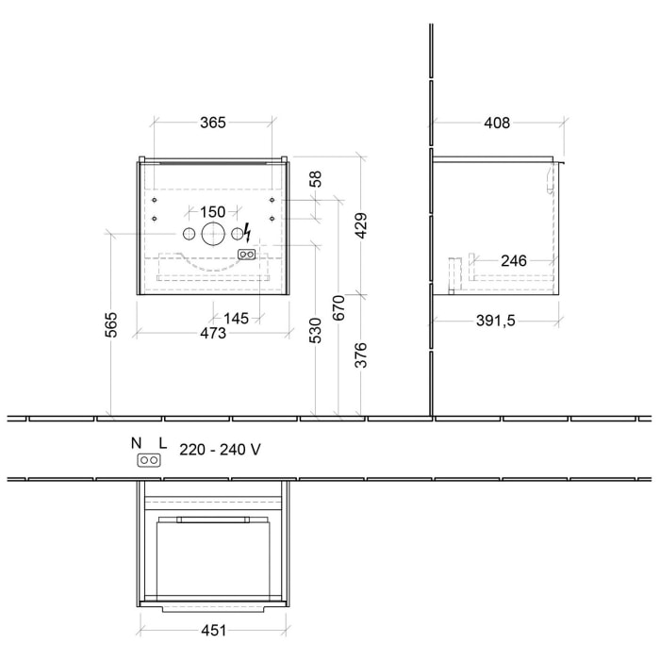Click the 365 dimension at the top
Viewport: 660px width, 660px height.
[213, 123]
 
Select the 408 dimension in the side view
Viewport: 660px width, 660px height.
[497, 123]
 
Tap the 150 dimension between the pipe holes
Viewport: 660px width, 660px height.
[213, 212]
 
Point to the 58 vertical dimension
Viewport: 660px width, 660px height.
[317, 179]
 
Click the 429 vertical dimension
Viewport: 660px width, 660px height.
[360, 223]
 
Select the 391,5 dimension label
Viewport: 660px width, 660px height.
[496, 321]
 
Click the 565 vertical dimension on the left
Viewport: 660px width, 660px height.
[110, 323]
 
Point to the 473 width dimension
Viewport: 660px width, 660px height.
[213, 333]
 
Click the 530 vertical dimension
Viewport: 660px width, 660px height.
[317, 329]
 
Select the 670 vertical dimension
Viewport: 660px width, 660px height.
[338, 308]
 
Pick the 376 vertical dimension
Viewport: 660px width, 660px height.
[360, 354]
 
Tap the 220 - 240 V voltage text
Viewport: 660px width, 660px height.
[220, 450]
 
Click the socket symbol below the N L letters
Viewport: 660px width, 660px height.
[149, 460]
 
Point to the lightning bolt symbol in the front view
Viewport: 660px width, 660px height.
[247, 232]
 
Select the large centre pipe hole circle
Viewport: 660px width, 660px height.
[213, 234]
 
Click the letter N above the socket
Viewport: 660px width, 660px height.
[137, 443]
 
